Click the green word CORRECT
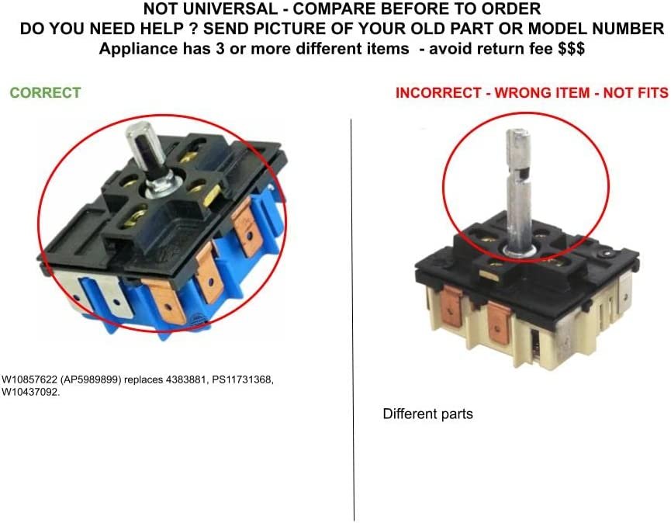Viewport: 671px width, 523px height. [x=45, y=92]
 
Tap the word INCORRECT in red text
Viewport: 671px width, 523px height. [x=438, y=93]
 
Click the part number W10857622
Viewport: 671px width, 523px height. [x=29, y=379]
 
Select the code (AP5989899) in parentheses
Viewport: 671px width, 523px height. [x=92, y=379]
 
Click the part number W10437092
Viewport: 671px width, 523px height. [x=31, y=392]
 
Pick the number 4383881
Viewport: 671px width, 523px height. [x=186, y=379]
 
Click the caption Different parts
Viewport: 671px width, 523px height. [x=428, y=414]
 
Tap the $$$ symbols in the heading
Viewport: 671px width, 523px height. [x=571, y=48]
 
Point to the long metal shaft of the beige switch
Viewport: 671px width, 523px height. [x=519, y=189]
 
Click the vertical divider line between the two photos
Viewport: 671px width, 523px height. [x=353, y=320]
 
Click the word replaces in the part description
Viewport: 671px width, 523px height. [x=144, y=380]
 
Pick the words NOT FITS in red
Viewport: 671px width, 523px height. [x=635, y=93]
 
